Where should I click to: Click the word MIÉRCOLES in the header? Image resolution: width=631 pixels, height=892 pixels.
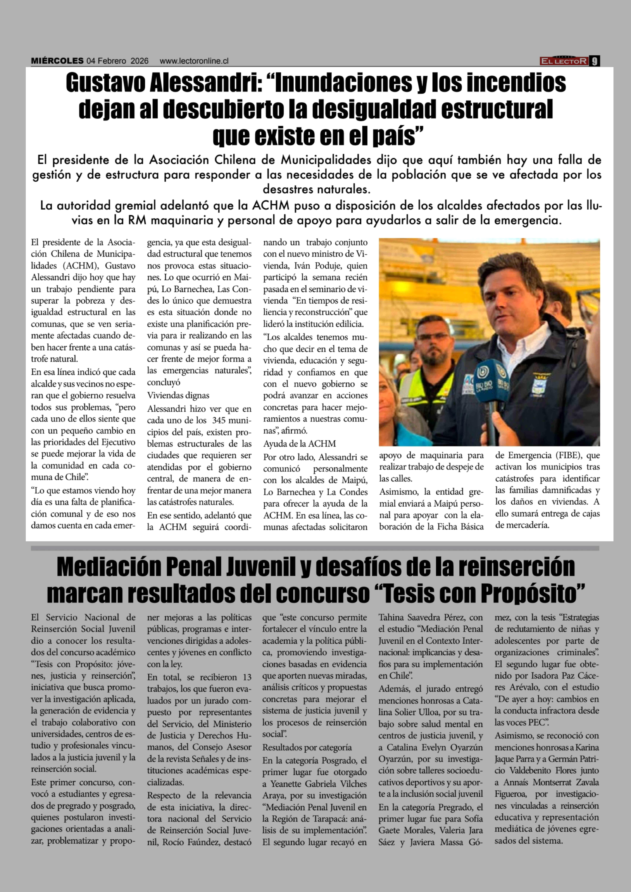click(57, 61)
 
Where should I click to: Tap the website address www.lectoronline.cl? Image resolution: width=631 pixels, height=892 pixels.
click(194, 61)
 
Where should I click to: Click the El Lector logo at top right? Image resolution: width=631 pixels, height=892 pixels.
click(564, 61)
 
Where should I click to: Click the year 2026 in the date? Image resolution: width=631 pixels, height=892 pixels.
click(140, 61)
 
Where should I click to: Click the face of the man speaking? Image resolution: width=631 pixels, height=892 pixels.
click(513, 299)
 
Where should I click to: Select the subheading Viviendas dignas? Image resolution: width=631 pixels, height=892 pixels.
click(178, 396)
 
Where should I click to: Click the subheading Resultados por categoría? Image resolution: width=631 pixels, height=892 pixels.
click(307, 747)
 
